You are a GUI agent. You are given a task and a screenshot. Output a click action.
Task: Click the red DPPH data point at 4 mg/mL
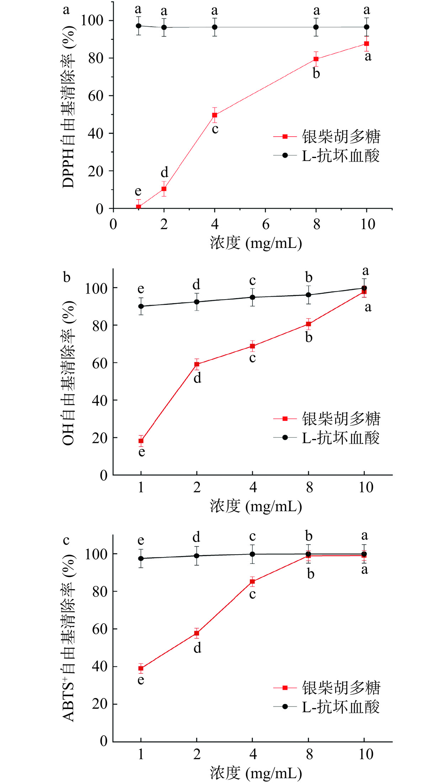(x=215, y=115)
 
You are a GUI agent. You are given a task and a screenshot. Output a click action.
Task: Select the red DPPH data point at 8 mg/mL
(x=316, y=59)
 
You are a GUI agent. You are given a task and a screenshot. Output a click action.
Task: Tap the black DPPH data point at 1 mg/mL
(x=139, y=26)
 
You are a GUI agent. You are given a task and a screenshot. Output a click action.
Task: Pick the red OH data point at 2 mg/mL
(x=197, y=364)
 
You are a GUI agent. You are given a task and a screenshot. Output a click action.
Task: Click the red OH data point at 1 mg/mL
(x=141, y=441)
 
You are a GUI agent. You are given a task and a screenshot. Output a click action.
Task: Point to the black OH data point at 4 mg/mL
(x=252, y=297)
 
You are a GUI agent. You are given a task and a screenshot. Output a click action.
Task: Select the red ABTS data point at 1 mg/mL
(x=141, y=668)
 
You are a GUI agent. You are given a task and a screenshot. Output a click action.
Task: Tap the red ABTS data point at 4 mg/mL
(x=252, y=582)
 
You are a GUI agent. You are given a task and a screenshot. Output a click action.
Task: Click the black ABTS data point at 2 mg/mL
(x=197, y=556)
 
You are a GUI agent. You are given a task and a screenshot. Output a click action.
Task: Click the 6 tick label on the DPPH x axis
(x=266, y=224)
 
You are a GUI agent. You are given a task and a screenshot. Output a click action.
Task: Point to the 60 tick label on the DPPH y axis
(x=96, y=96)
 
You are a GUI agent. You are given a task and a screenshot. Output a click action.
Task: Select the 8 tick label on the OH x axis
(x=309, y=487)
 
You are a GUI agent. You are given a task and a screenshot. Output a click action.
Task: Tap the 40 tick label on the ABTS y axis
(x=100, y=666)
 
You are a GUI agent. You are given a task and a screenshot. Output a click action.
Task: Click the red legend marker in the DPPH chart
(x=285, y=137)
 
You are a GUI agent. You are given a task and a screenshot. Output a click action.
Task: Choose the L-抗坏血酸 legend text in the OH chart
(x=341, y=438)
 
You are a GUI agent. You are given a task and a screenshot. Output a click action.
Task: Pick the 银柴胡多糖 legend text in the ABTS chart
(x=341, y=688)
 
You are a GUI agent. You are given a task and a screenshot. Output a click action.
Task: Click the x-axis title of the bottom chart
(x=256, y=773)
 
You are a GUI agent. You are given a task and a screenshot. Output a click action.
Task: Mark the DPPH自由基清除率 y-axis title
(x=68, y=107)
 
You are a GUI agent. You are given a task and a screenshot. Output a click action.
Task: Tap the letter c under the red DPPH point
(x=215, y=129)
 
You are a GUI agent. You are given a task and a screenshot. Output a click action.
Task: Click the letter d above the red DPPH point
(x=164, y=173)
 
